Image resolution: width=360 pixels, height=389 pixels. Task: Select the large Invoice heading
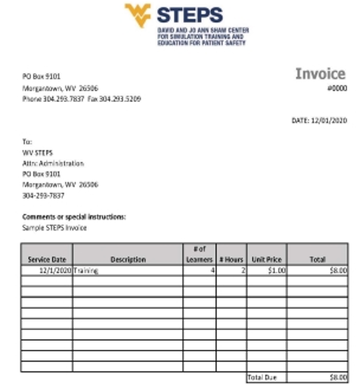320,74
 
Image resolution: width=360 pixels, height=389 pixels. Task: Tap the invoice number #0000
337,88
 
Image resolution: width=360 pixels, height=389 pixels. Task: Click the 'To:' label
27,141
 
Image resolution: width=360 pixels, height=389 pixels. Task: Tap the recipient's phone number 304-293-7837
43,196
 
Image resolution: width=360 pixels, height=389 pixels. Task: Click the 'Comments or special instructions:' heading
74,217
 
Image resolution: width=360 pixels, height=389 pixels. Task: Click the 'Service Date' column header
47,259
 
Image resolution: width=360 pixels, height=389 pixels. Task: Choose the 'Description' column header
128,259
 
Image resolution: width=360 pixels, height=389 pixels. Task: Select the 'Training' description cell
86,270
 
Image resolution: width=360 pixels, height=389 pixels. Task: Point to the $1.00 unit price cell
276,270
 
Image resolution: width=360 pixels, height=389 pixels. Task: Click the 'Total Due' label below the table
259,376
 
